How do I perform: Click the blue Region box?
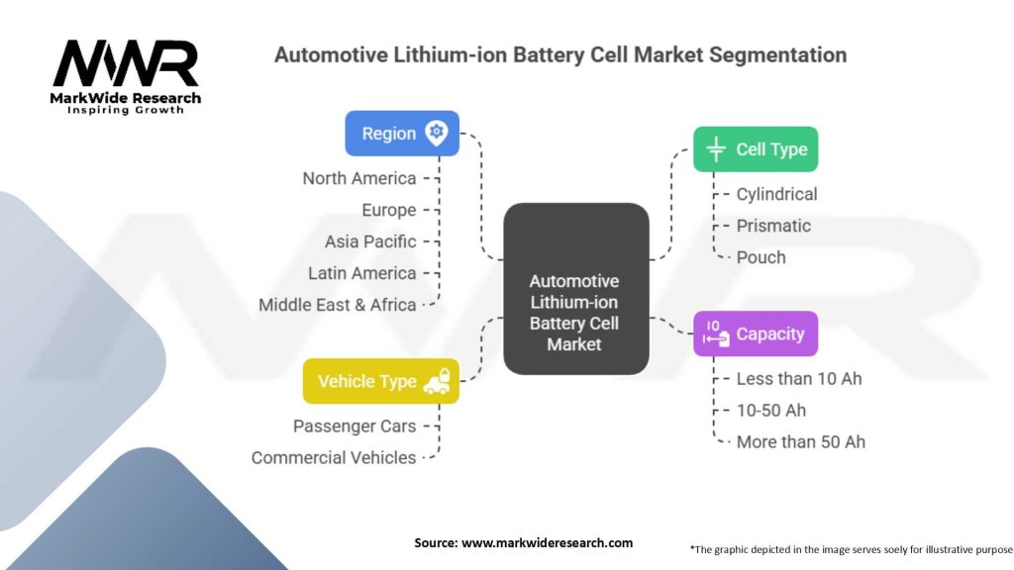coord(402,134)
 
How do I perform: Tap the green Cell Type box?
coord(755,149)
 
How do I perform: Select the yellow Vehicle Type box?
coord(381,381)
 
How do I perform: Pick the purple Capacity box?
coord(755,334)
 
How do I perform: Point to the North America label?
coord(358,178)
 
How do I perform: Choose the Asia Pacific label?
coord(370,241)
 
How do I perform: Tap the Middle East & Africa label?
coord(337,305)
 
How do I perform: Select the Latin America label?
coord(361,273)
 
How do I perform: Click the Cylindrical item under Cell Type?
coord(776,194)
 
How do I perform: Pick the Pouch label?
coord(760,257)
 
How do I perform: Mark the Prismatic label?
coord(773,226)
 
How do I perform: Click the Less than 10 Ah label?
coord(799,378)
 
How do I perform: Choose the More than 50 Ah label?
coord(800,441)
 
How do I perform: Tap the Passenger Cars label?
coord(354,426)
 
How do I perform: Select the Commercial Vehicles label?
coord(333,457)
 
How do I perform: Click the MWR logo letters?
coord(126,63)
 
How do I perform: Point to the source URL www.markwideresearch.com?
coord(547,542)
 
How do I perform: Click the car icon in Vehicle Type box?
coord(437,381)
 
